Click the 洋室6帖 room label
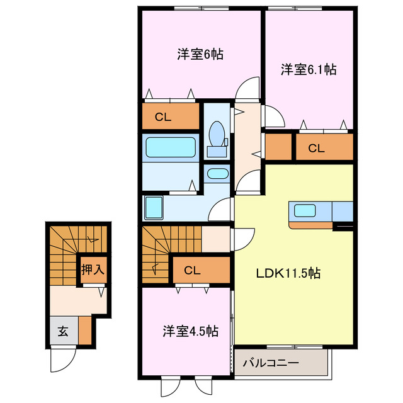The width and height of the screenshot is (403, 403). pos(200,54)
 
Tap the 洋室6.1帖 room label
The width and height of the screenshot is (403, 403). pos(308,69)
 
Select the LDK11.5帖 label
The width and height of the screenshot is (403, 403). pos(288,273)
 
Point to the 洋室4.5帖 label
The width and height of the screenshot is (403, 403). pos(191,330)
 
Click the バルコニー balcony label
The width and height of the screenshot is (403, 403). pos(270,363)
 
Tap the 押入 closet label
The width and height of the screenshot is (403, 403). pos(92,270)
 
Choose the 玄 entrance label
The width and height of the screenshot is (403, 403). pos(64,331)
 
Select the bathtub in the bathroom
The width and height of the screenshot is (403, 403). pos(171,147)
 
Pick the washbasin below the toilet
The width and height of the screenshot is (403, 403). pos(218,173)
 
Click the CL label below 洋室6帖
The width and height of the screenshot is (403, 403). pos(163,116)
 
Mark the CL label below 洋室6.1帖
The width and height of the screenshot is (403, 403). pos(316,149)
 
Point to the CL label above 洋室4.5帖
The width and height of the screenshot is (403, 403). pos(193,270)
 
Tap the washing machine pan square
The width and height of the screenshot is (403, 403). pos(154,206)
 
